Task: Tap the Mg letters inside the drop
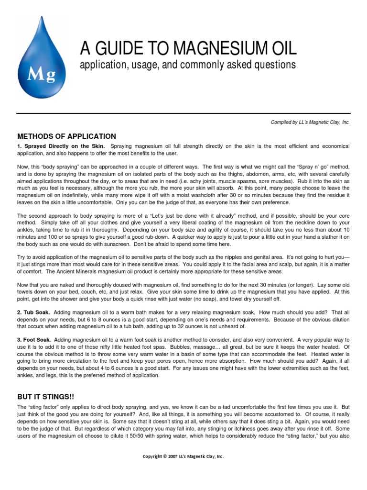[42, 75]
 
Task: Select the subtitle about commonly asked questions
[188, 65]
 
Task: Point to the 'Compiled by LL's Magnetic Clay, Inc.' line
[310, 122]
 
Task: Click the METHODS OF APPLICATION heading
[66, 136]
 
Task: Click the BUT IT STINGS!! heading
[46, 397]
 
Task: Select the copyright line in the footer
[183, 457]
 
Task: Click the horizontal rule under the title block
[183, 113]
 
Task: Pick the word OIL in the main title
[282, 48]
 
